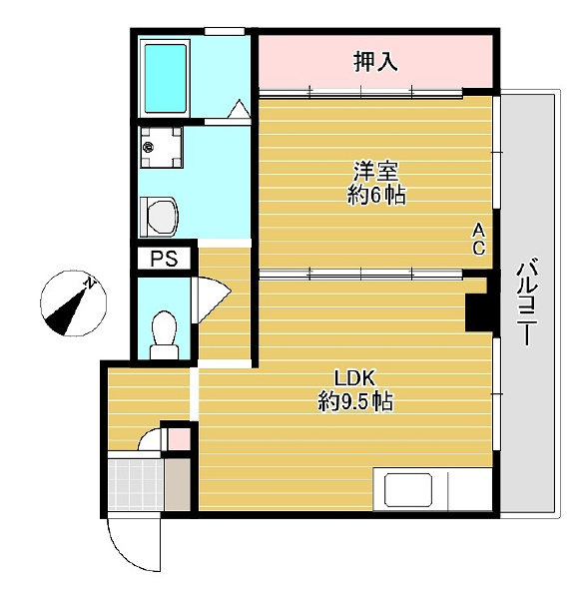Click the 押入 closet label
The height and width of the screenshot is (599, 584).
tap(375, 62)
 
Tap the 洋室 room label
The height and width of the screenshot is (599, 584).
tap(375, 172)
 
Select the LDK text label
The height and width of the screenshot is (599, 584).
tap(356, 378)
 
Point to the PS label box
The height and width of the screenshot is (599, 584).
tap(165, 259)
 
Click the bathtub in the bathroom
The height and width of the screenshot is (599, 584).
tap(165, 78)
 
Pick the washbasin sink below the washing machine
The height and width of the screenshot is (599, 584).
tap(160, 217)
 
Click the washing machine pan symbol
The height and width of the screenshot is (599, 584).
tap(161, 148)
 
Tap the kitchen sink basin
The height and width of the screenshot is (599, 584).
tap(408, 489)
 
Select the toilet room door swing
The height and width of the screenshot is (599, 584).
tap(212, 299)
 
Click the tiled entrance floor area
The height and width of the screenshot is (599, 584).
tap(137, 484)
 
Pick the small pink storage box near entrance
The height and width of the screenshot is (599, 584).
tap(179, 439)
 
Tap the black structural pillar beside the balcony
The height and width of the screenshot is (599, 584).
tap(477, 312)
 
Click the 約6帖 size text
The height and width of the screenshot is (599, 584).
tap(376, 196)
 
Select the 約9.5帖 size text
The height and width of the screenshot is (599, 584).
tap(355, 401)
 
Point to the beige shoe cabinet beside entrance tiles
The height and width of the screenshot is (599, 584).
tap(178, 484)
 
